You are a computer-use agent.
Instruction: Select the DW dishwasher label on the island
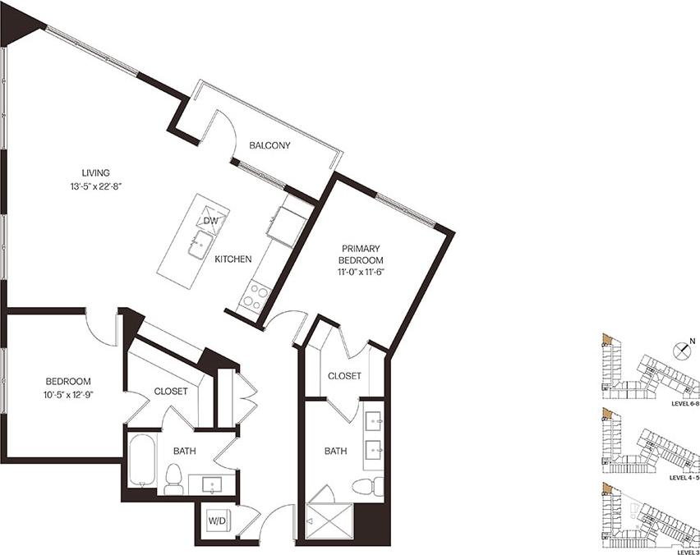(x=210, y=221)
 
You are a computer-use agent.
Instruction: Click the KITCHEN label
(x=233, y=259)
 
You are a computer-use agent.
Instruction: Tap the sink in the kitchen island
(x=200, y=245)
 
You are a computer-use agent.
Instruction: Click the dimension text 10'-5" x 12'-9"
(x=67, y=395)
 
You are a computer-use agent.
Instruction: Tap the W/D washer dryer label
(x=217, y=521)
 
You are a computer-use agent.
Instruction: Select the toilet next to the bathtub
(x=173, y=479)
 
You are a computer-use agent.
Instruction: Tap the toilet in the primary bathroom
(x=366, y=486)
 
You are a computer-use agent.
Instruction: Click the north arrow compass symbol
(x=681, y=350)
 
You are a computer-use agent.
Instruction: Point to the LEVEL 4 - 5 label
(x=684, y=477)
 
